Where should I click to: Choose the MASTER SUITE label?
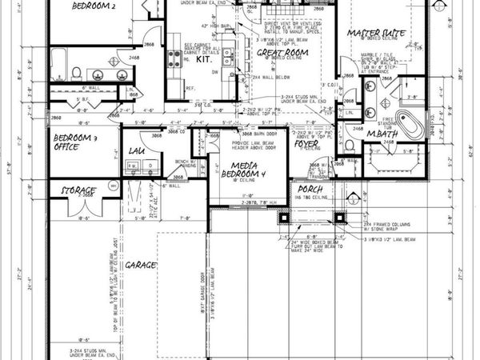coord(374,33)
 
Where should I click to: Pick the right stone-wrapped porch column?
coord(341,217)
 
